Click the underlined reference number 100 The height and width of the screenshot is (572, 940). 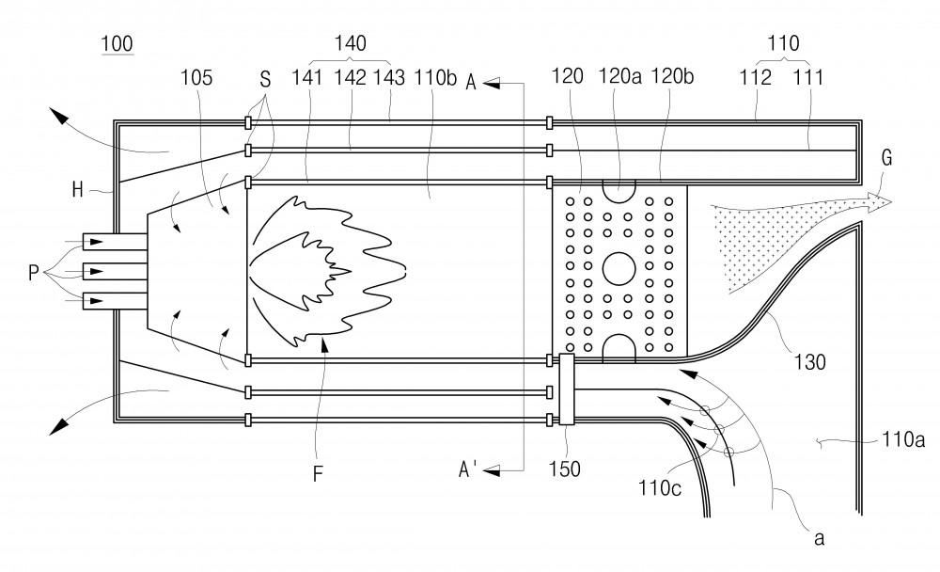[117, 44]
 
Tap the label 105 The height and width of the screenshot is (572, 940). [196, 77]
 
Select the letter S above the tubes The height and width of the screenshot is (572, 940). [265, 79]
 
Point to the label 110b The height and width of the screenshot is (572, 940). [436, 77]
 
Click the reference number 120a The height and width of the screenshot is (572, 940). [619, 76]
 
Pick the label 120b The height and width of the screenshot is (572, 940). [672, 76]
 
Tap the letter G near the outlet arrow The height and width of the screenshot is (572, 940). [886, 158]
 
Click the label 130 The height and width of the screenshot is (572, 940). [810, 362]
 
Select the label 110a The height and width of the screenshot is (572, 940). [902, 439]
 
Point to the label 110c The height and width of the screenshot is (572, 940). [660, 488]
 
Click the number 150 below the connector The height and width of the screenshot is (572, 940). [564, 469]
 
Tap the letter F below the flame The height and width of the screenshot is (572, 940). [318, 474]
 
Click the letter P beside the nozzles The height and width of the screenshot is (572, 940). [34, 273]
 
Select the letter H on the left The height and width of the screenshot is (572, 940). [77, 190]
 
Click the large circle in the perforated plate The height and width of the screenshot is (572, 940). [619, 268]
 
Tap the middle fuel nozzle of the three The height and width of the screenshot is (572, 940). [115, 271]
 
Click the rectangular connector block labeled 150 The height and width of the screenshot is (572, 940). [567, 389]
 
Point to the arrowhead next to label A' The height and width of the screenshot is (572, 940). [492, 471]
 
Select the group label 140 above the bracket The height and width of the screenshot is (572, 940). [350, 43]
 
